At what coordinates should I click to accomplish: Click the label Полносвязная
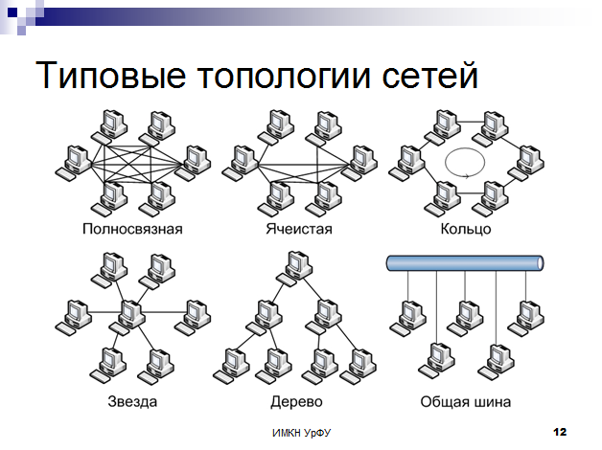(x=132, y=229)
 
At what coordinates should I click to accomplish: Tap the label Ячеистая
(x=299, y=229)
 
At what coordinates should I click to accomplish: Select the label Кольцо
(x=466, y=229)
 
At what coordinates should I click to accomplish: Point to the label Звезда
(x=132, y=402)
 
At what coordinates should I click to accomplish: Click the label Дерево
(x=296, y=402)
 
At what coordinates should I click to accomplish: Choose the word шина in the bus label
(x=493, y=402)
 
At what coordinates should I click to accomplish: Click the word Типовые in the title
(x=111, y=75)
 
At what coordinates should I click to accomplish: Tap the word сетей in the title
(x=429, y=74)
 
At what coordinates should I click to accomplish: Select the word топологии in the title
(x=284, y=76)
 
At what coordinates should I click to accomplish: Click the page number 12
(x=560, y=432)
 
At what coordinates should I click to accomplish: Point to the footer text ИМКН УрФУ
(x=301, y=433)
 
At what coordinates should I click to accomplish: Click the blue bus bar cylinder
(x=465, y=263)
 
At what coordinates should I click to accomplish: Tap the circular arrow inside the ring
(x=465, y=163)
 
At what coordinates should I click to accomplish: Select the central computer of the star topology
(x=128, y=317)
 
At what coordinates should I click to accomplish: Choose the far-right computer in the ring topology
(x=526, y=163)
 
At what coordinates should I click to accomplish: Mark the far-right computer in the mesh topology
(x=359, y=163)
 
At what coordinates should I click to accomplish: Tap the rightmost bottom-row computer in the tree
(x=359, y=366)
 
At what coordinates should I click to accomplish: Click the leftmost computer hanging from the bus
(x=407, y=319)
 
